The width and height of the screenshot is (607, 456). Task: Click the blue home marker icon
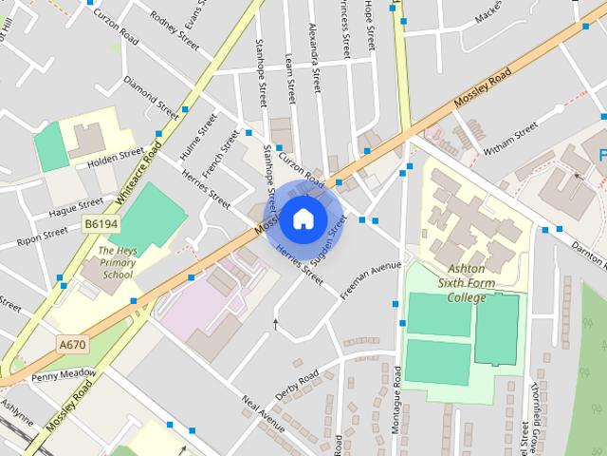[302, 218]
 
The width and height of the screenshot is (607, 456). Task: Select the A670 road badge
[72, 344]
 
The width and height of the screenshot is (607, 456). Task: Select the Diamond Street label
[151, 96]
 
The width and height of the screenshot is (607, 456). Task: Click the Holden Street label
[115, 157]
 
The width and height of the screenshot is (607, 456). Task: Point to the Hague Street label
[77, 206]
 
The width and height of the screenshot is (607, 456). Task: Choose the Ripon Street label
[42, 232]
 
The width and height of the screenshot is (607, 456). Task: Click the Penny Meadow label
[64, 374]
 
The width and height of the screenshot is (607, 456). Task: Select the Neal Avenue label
[263, 413]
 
